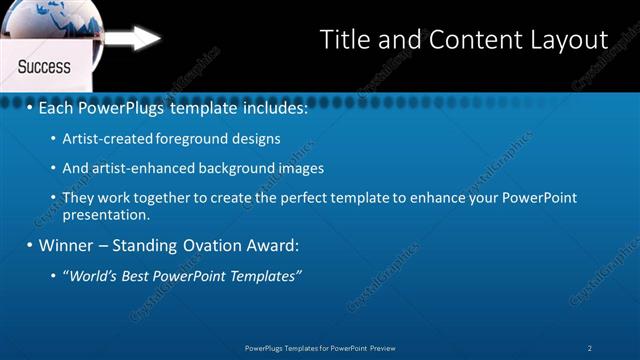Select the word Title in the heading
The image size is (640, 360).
(343, 40)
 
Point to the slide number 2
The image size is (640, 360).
(590, 348)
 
